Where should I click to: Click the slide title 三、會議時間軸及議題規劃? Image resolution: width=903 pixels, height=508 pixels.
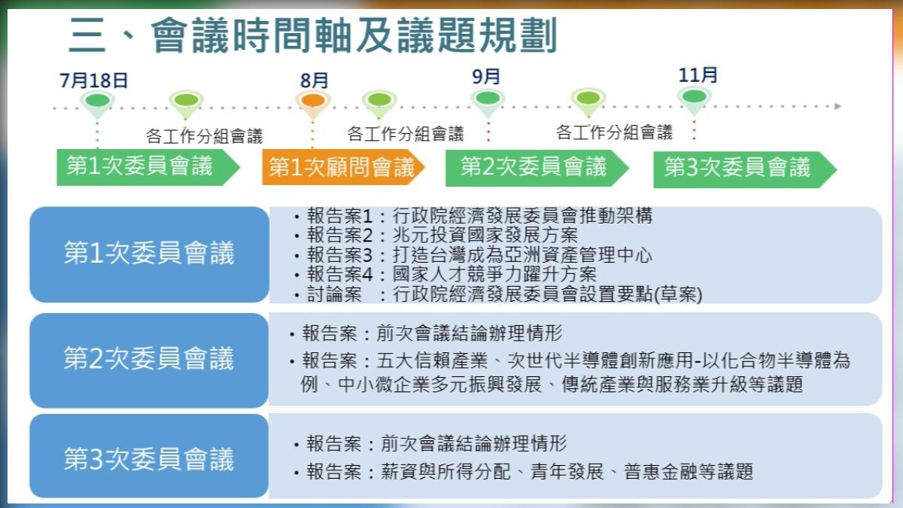pos(312,36)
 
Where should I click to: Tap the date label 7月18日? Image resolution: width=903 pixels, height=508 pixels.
pos(94,81)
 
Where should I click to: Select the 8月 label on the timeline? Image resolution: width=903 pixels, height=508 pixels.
pos(314,81)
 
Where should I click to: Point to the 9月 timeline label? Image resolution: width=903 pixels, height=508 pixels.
pos(487,77)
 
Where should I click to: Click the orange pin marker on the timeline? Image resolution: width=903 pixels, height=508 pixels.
pos(313,102)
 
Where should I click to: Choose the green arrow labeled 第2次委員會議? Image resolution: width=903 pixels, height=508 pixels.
pos(534,167)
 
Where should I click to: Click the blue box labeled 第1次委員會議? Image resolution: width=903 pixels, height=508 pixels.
pos(149,254)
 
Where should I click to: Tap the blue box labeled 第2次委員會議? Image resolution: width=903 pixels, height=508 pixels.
pos(149,359)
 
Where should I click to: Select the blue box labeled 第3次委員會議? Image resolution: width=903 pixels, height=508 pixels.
pos(149,458)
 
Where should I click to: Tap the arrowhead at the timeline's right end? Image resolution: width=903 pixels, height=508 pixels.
pos(838,106)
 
